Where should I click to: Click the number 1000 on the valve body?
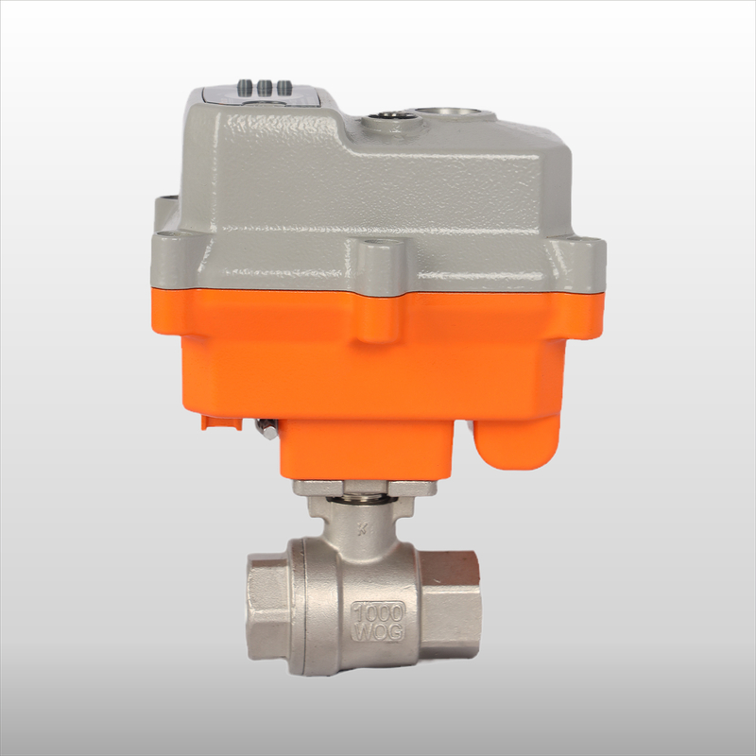tap(378, 610)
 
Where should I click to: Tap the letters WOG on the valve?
tap(378, 630)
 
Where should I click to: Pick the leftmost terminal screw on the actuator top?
tap(247, 86)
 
